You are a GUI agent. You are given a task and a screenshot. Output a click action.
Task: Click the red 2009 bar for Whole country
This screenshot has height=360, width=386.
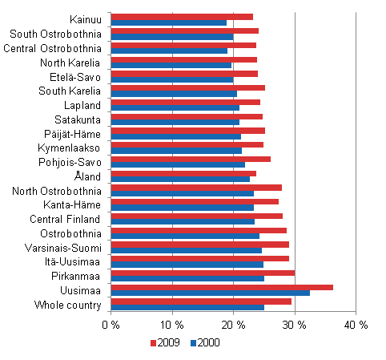201,301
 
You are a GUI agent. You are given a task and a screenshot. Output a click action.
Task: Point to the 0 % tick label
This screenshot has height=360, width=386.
111,325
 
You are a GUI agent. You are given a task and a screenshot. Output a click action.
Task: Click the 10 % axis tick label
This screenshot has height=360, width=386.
171,325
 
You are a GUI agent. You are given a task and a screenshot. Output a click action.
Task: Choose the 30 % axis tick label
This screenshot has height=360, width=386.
294,325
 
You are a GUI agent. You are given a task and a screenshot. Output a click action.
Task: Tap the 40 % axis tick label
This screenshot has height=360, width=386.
355,325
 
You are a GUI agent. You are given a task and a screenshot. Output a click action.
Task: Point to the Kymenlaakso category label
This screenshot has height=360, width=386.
70,148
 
